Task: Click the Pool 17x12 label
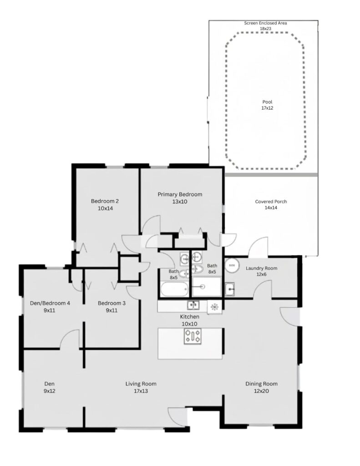(x=267, y=105)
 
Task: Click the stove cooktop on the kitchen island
(x=193, y=336)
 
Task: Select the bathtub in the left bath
(x=173, y=289)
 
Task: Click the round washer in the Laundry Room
(x=233, y=264)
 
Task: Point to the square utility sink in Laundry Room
(x=230, y=288)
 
